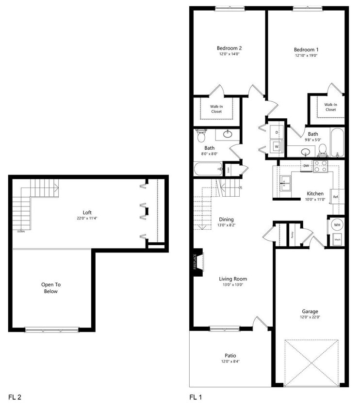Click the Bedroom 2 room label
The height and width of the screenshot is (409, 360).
tap(229, 48)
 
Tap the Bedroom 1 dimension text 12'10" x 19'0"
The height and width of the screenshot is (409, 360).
tap(306, 55)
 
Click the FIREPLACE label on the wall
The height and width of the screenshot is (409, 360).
tap(195, 264)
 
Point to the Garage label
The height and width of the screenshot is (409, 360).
tap(310, 311)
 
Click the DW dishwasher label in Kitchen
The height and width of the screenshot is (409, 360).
tap(306, 166)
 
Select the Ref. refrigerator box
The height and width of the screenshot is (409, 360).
tap(335, 197)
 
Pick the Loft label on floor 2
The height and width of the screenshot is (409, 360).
tap(87, 212)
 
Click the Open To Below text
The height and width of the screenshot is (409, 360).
tap(50, 288)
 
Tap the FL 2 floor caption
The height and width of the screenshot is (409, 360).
tap(15, 397)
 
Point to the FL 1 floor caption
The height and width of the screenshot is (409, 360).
tap(196, 397)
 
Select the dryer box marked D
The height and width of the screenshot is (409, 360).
tap(276, 132)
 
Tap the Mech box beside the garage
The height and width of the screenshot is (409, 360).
tap(337, 239)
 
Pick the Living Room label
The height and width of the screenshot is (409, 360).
tap(233, 279)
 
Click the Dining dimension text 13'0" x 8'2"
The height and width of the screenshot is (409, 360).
tap(226, 225)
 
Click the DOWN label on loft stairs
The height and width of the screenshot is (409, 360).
tap(21, 231)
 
